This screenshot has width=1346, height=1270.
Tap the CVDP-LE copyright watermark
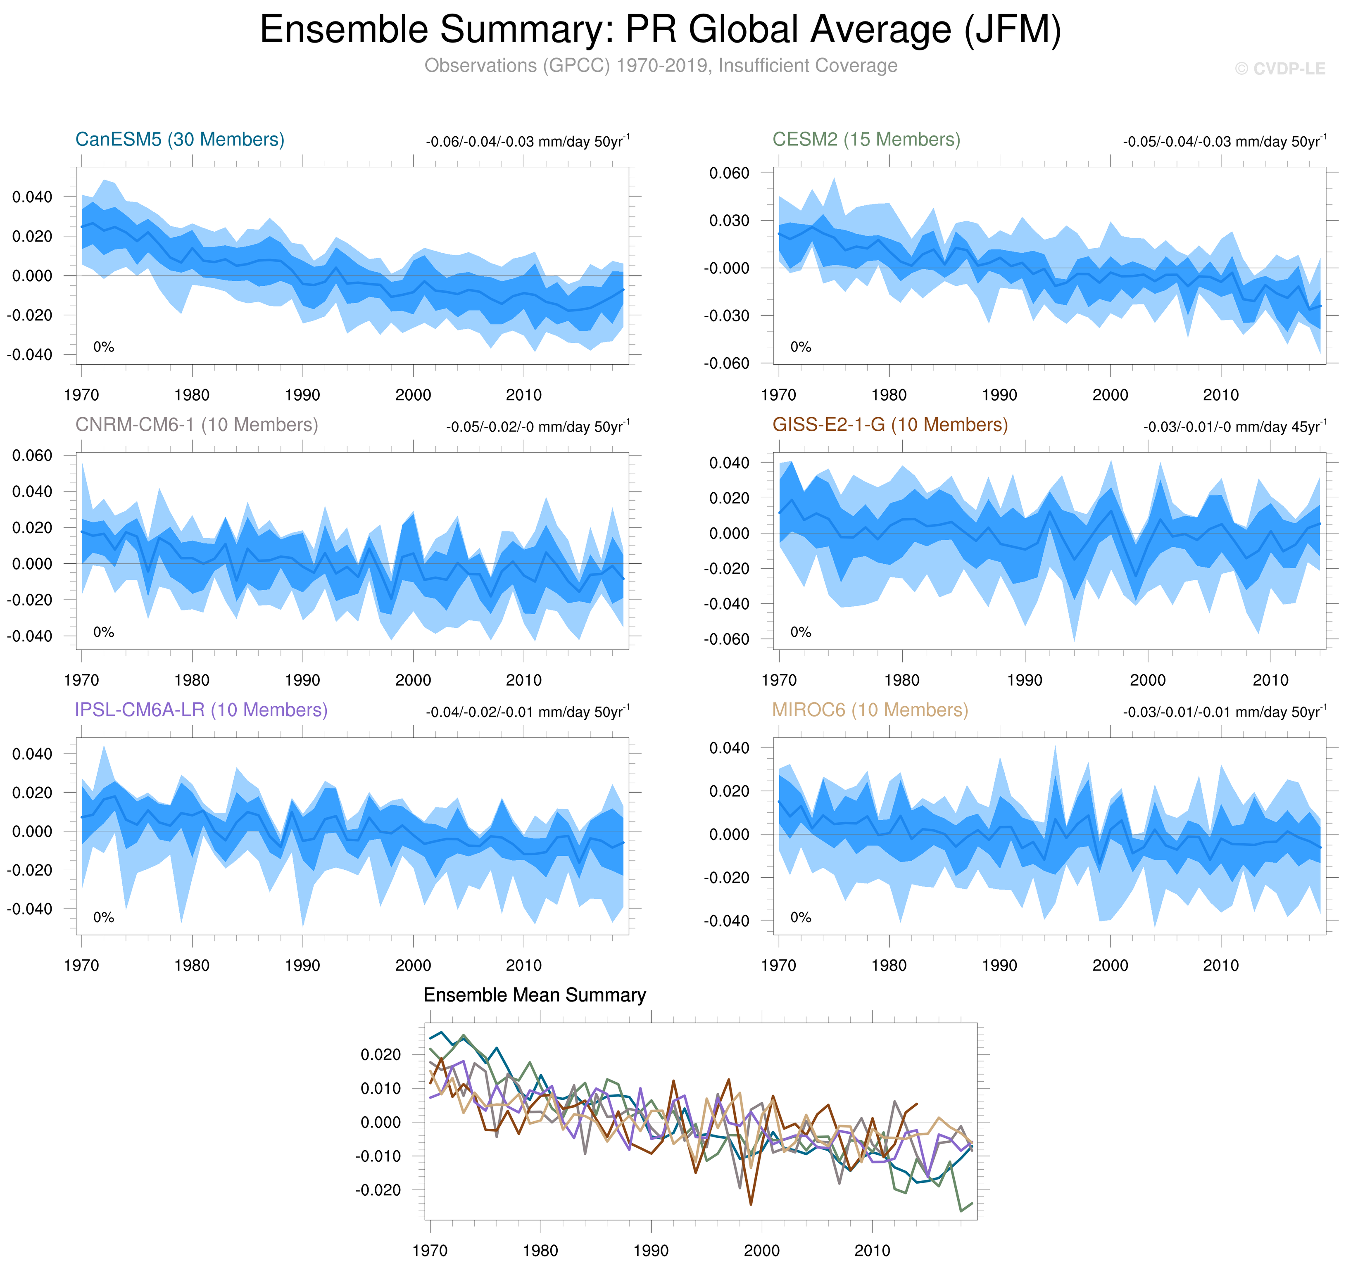pyautogui.click(x=1279, y=69)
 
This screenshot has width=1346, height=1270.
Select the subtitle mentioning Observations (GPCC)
pyautogui.click(x=660, y=66)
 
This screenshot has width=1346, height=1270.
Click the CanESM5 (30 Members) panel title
pyautogui.click(x=179, y=140)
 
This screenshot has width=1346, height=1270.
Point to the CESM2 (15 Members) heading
pyautogui.click(x=866, y=140)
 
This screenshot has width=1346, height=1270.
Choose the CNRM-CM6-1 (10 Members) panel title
pyautogui.click(x=196, y=425)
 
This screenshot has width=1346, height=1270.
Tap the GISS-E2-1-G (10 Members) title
pyautogui.click(x=889, y=425)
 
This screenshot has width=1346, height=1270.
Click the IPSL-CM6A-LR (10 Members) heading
pyautogui.click(x=201, y=710)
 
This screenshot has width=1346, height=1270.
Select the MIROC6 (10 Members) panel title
pyautogui.click(x=870, y=710)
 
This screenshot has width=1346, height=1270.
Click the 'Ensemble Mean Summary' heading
pyautogui.click(x=534, y=995)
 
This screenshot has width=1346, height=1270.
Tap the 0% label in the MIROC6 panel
pyautogui.click(x=800, y=917)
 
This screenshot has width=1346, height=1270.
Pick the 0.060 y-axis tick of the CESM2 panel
pyautogui.click(x=729, y=173)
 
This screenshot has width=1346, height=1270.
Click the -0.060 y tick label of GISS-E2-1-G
pyautogui.click(x=726, y=639)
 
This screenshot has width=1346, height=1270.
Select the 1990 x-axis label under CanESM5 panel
pyautogui.click(x=302, y=395)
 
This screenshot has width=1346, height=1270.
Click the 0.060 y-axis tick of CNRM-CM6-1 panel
pyautogui.click(x=32, y=456)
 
